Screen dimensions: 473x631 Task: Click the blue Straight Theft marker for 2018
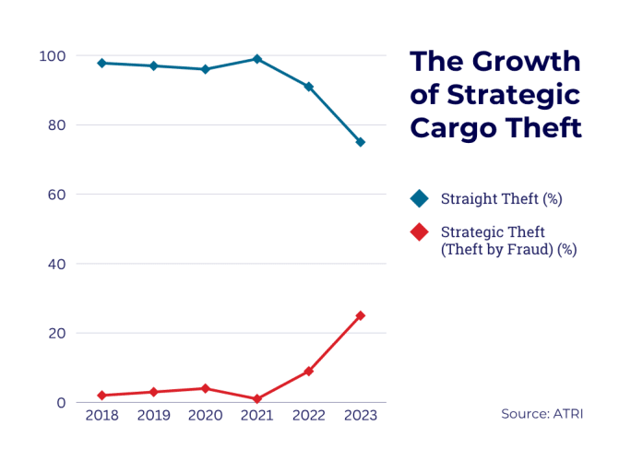(101, 63)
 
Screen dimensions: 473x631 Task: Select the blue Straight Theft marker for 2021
(257, 59)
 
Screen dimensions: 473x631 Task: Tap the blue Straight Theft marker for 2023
(361, 142)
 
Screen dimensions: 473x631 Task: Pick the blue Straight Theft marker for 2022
(309, 87)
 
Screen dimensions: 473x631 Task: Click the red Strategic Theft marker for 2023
(361, 315)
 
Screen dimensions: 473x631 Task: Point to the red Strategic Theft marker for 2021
(257, 399)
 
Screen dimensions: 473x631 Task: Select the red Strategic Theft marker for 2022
(309, 371)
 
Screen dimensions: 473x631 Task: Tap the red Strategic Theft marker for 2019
(153, 392)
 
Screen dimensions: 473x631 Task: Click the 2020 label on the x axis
(205, 416)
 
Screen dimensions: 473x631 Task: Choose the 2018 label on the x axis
(101, 416)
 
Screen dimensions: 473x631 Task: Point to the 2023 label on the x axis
(361, 416)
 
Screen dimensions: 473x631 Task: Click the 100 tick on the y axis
(52, 56)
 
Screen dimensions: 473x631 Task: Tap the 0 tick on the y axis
(61, 403)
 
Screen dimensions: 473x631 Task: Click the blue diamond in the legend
(420, 198)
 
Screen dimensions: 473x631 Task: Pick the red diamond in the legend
(420, 231)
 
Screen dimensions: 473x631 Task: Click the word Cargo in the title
(453, 127)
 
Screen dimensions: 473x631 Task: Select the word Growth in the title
(526, 62)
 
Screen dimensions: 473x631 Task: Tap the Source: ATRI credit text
(542, 414)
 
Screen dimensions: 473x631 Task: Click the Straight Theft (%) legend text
(501, 199)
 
